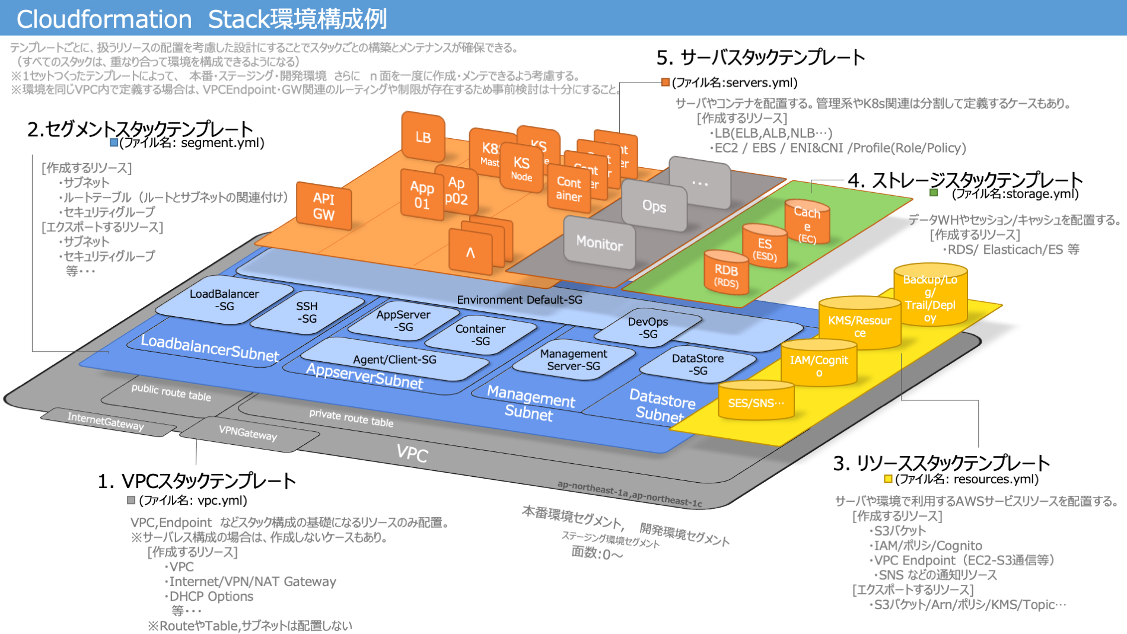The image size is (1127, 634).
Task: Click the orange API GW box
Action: [324, 206]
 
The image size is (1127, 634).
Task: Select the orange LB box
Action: [423, 137]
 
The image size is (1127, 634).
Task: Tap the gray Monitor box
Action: [599, 243]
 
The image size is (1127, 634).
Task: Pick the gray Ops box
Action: [654, 206]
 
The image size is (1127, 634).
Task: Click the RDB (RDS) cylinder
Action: [726, 274]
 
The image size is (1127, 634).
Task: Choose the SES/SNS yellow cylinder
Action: [756, 402]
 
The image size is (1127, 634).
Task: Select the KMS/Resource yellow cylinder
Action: [859, 324]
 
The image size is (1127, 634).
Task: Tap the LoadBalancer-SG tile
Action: [224, 300]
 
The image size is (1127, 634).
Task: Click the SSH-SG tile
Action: [307, 313]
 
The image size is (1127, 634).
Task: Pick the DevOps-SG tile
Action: [648, 327]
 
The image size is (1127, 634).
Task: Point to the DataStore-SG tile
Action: [698, 364]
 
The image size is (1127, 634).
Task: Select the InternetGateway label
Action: [106, 421]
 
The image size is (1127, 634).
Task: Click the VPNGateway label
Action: [248, 434]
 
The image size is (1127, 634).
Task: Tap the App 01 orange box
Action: [422, 195]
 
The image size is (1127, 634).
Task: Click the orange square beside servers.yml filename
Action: [666, 82]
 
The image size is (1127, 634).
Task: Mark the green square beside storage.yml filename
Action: [934, 193]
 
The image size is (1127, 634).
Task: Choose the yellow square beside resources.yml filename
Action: [888, 479]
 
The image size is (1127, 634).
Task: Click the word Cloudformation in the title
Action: [104, 19]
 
